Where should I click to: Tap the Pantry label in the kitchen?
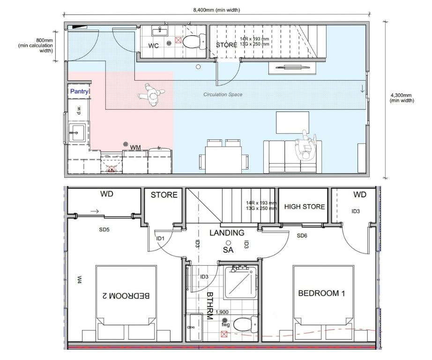pyautogui.click(x=79, y=92)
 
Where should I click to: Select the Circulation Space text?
pyautogui.click(x=223, y=95)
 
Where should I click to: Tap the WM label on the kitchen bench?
pyautogui.click(x=135, y=148)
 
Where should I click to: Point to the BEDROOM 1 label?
pyautogui.click(x=321, y=293)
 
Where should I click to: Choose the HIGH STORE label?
pyautogui.click(x=305, y=207)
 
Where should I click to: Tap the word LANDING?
pyautogui.click(x=227, y=232)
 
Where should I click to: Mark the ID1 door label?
pyautogui.click(x=160, y=239)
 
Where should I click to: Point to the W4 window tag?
pyautogui.click(x=79, y=281)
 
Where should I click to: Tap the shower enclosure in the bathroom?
pyautogui.click(x=240, y=283)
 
